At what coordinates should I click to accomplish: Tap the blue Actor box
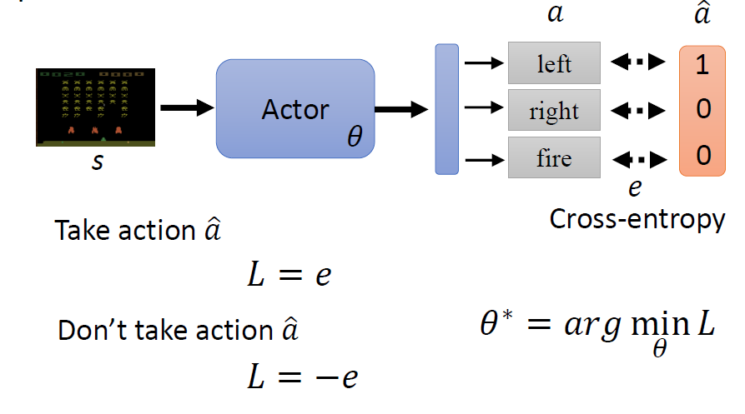click(x=294, y=108)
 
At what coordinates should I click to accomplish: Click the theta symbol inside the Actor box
click(x=355, y=136)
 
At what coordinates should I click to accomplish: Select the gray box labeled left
click(x=554, y=64)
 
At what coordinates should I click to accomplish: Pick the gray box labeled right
click(x=554, y=112)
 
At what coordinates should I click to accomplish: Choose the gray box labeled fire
click(x=554, y=157)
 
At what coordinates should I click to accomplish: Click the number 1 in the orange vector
click(x=702, y=66)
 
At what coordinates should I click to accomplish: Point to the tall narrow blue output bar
click(x=447, y=109)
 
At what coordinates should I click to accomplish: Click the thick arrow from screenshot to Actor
click(x=185, y=107)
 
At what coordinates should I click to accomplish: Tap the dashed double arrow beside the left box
click(x=638, y=62)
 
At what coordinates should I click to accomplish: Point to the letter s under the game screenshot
click(x=98, y=162)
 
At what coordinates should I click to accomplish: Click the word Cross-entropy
click(x=637, y=220)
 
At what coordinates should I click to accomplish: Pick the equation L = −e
click(x=302, y=378)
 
